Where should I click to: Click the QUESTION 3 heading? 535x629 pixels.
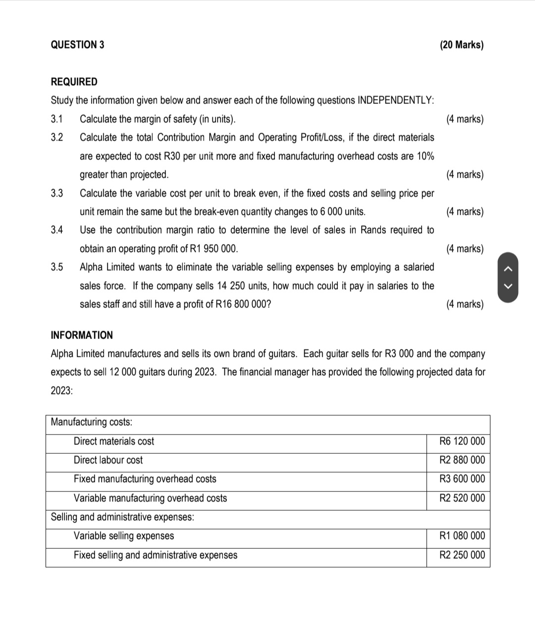tap(77, 45)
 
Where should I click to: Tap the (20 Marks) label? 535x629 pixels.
tap(461, 45)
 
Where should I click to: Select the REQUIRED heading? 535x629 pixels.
tap(74, 82)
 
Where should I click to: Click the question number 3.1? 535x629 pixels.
tap(57, 119)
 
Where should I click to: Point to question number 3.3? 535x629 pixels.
tap(57, 193)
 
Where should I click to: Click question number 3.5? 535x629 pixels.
tap(57, 267)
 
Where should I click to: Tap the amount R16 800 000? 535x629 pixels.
tap(243, 304)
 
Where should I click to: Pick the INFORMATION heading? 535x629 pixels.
tap(82, 335)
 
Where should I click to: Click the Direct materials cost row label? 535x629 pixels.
tap(114, 441)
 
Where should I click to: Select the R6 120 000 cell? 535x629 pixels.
tap(462, 441)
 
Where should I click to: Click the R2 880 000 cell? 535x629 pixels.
tap(462, 460)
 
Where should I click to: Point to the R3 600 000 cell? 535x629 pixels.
tap(462, 479)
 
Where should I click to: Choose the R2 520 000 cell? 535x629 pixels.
tap(462, 498)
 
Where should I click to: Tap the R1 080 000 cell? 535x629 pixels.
tap(462, 535)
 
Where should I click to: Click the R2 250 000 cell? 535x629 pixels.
tap(462, 555)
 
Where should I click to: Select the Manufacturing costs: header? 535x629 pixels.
tap(92, 422)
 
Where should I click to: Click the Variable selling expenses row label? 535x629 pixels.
tap(124, 535)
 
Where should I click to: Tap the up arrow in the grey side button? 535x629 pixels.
tap(507, 269)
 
